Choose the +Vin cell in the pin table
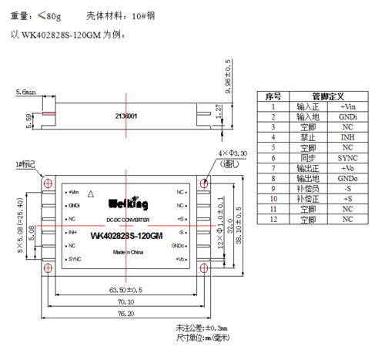(x=348, y=106)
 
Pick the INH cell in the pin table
(x=348, y=136)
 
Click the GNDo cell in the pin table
(x=348, y=178)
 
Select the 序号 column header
(x=273, y=96)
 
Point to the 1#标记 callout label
(x=26, y=165)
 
